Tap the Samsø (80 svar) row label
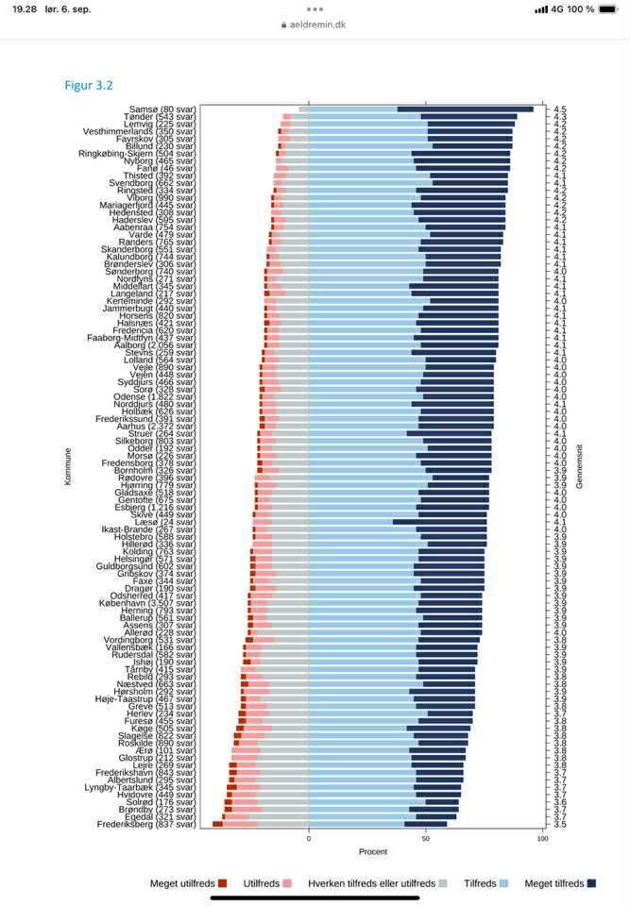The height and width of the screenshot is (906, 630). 162,109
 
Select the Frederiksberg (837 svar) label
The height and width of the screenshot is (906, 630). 146,824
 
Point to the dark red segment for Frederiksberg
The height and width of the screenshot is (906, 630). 217,824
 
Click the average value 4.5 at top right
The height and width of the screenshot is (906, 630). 560,109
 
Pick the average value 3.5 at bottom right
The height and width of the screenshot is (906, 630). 560,824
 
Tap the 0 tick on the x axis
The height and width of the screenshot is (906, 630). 308,839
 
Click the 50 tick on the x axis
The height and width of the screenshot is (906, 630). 425,839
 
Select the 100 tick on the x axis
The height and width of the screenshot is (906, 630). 542,839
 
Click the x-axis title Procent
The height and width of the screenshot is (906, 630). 372,851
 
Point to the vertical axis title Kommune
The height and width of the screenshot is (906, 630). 67,467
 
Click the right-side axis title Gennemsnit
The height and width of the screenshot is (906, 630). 579,467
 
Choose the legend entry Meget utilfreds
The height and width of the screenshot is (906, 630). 183,883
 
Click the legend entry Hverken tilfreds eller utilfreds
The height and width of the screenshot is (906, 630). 370,883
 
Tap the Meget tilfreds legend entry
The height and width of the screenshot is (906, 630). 554,883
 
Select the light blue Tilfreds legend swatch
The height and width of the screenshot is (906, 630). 503,883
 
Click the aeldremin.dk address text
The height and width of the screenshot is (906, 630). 319,25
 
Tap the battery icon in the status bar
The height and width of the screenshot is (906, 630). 610,9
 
